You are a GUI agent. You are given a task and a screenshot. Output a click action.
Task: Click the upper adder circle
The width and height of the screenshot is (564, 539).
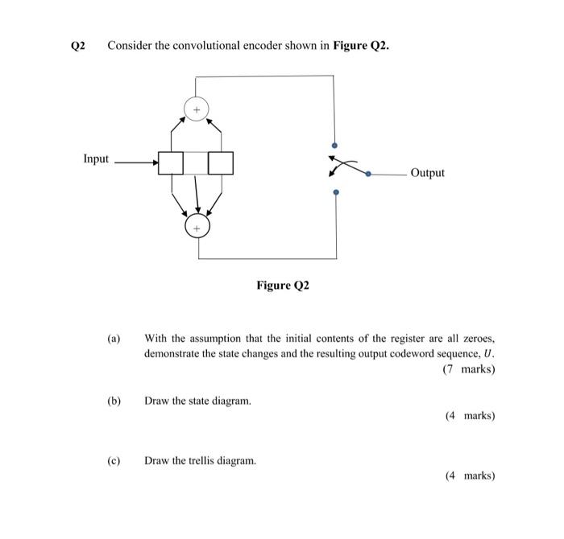tap(196, 108)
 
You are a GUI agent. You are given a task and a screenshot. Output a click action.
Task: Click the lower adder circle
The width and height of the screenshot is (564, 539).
tap(197, 228)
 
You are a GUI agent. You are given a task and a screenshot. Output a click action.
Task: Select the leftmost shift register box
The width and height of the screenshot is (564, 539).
tap(171, 163)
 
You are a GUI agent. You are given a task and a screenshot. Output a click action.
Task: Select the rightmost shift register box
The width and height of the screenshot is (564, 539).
tap(221, 163)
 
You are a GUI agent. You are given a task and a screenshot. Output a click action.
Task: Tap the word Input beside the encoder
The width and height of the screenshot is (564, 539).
tap(96, 158)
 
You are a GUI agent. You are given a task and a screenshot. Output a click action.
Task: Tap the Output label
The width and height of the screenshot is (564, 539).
tap(427, 173)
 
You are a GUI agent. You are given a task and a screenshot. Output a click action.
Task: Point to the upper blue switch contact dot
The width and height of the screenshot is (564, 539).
tap(336, 145)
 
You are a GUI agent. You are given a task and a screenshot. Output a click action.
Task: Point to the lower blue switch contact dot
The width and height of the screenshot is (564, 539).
tap(337, 192)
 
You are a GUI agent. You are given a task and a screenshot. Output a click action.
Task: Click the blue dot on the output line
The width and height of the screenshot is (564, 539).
tap(369, 173)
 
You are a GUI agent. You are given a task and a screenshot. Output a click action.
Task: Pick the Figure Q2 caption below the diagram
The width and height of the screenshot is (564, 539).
tap(283, 286)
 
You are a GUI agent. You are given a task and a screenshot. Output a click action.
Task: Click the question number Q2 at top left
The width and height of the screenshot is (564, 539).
tap(77, 46)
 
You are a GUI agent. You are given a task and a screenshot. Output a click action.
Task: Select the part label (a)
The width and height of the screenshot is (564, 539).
tap(114, 339)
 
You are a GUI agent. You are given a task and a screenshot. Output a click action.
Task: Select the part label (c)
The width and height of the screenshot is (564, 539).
tap(114, 461)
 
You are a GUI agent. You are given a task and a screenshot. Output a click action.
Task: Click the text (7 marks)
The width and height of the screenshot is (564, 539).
tap(469, 369)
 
